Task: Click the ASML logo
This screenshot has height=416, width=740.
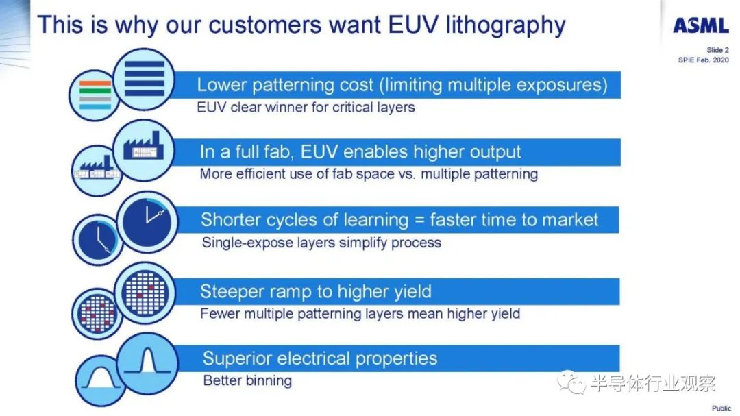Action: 700,25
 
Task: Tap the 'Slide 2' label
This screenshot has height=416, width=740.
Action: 717,50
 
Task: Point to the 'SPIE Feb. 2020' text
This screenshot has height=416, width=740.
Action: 703,60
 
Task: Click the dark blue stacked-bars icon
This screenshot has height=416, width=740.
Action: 144,79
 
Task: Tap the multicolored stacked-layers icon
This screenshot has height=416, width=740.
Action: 95,95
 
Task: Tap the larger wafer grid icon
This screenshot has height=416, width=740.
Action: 145,293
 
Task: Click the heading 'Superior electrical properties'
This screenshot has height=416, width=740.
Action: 320,358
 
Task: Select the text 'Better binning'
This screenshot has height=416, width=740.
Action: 247,380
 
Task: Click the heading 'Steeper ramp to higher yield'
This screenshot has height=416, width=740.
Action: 316,291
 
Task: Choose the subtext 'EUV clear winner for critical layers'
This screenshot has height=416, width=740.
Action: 306,107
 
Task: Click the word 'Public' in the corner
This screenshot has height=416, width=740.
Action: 721,408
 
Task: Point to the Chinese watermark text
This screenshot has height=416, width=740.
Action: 653,383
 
